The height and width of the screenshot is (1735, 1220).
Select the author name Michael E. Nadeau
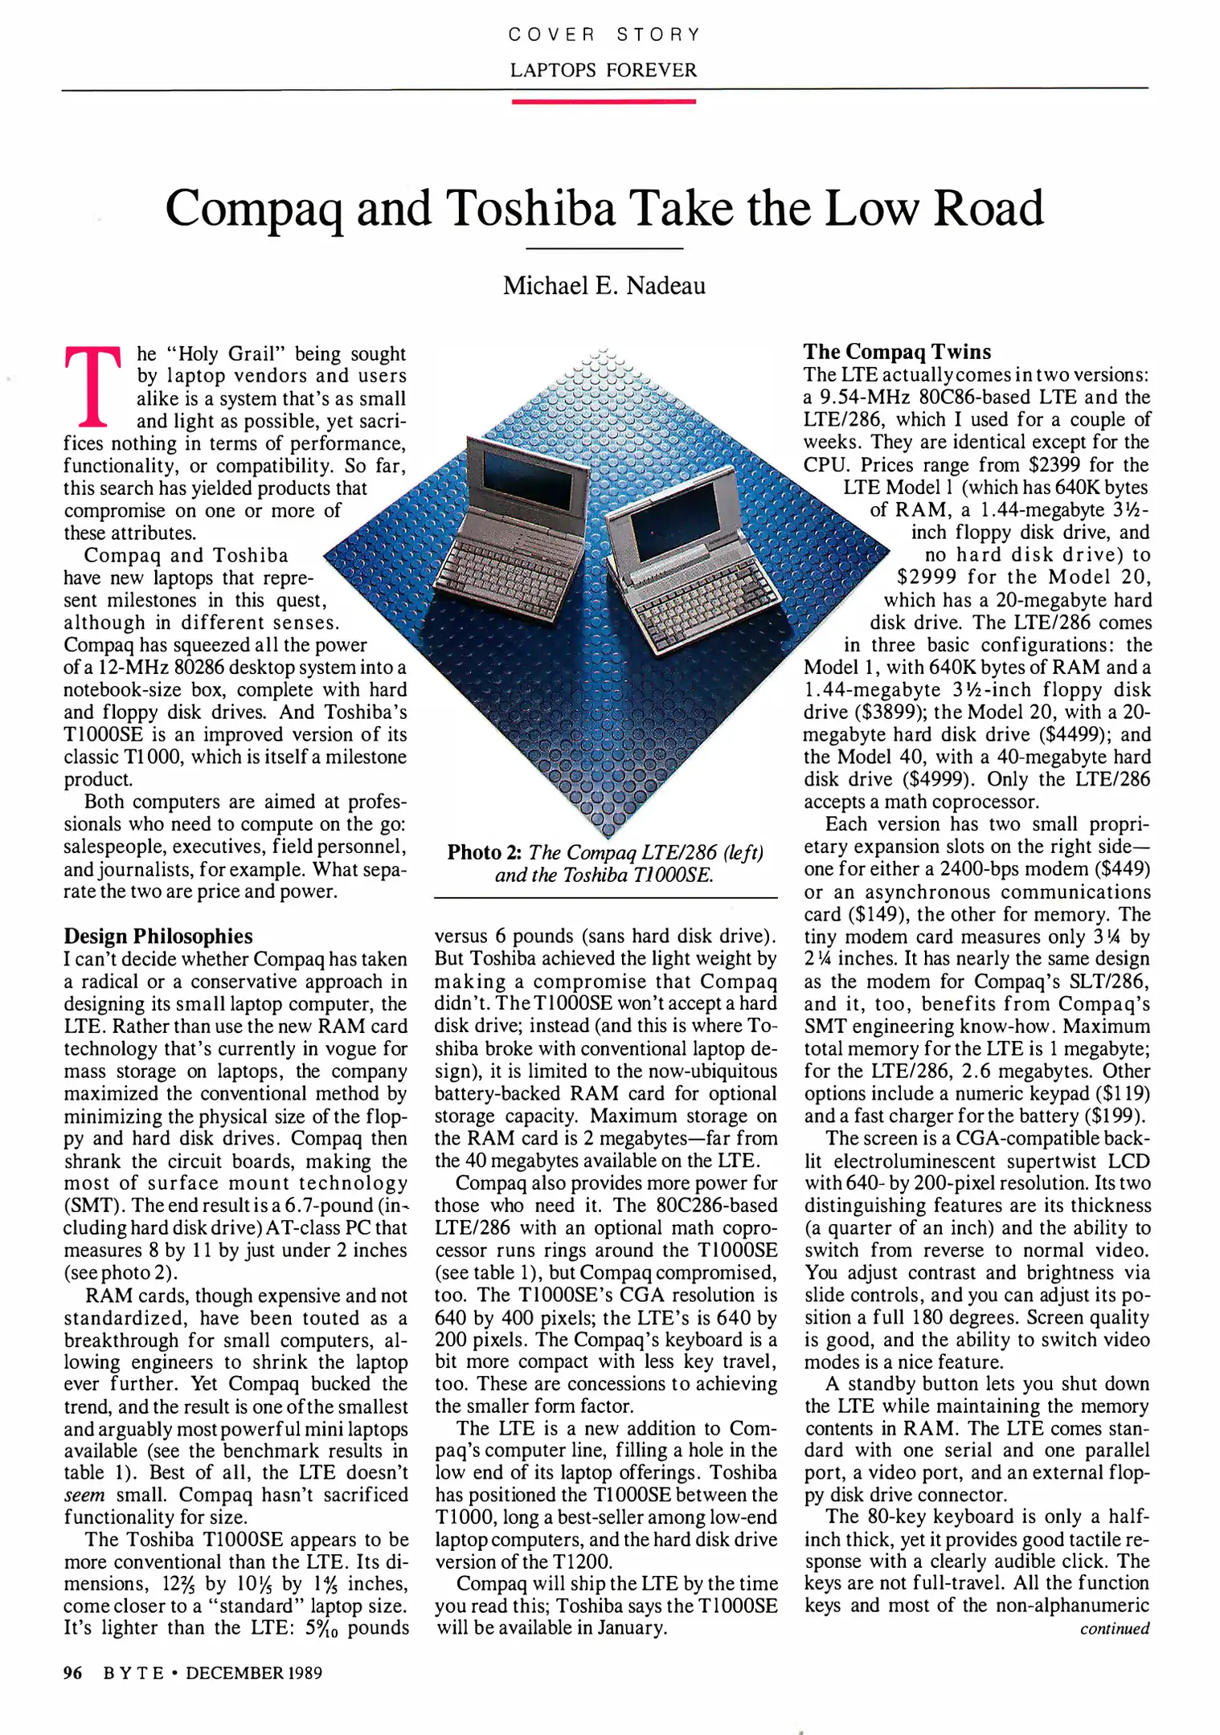pos(604,286)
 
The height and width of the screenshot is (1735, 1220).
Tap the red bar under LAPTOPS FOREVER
pos(604,101)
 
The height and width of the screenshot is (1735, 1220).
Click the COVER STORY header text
pos(604,35)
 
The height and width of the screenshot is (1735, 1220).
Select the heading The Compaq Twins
pos(897,352)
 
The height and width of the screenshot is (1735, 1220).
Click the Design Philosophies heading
pos(158,936)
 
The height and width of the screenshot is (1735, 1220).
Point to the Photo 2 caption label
pos(485,852)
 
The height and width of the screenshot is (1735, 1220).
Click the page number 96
pos(72,1673)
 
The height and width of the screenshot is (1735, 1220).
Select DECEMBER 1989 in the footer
pos(254,1673)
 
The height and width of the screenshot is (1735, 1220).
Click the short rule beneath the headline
pos(604,249)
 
